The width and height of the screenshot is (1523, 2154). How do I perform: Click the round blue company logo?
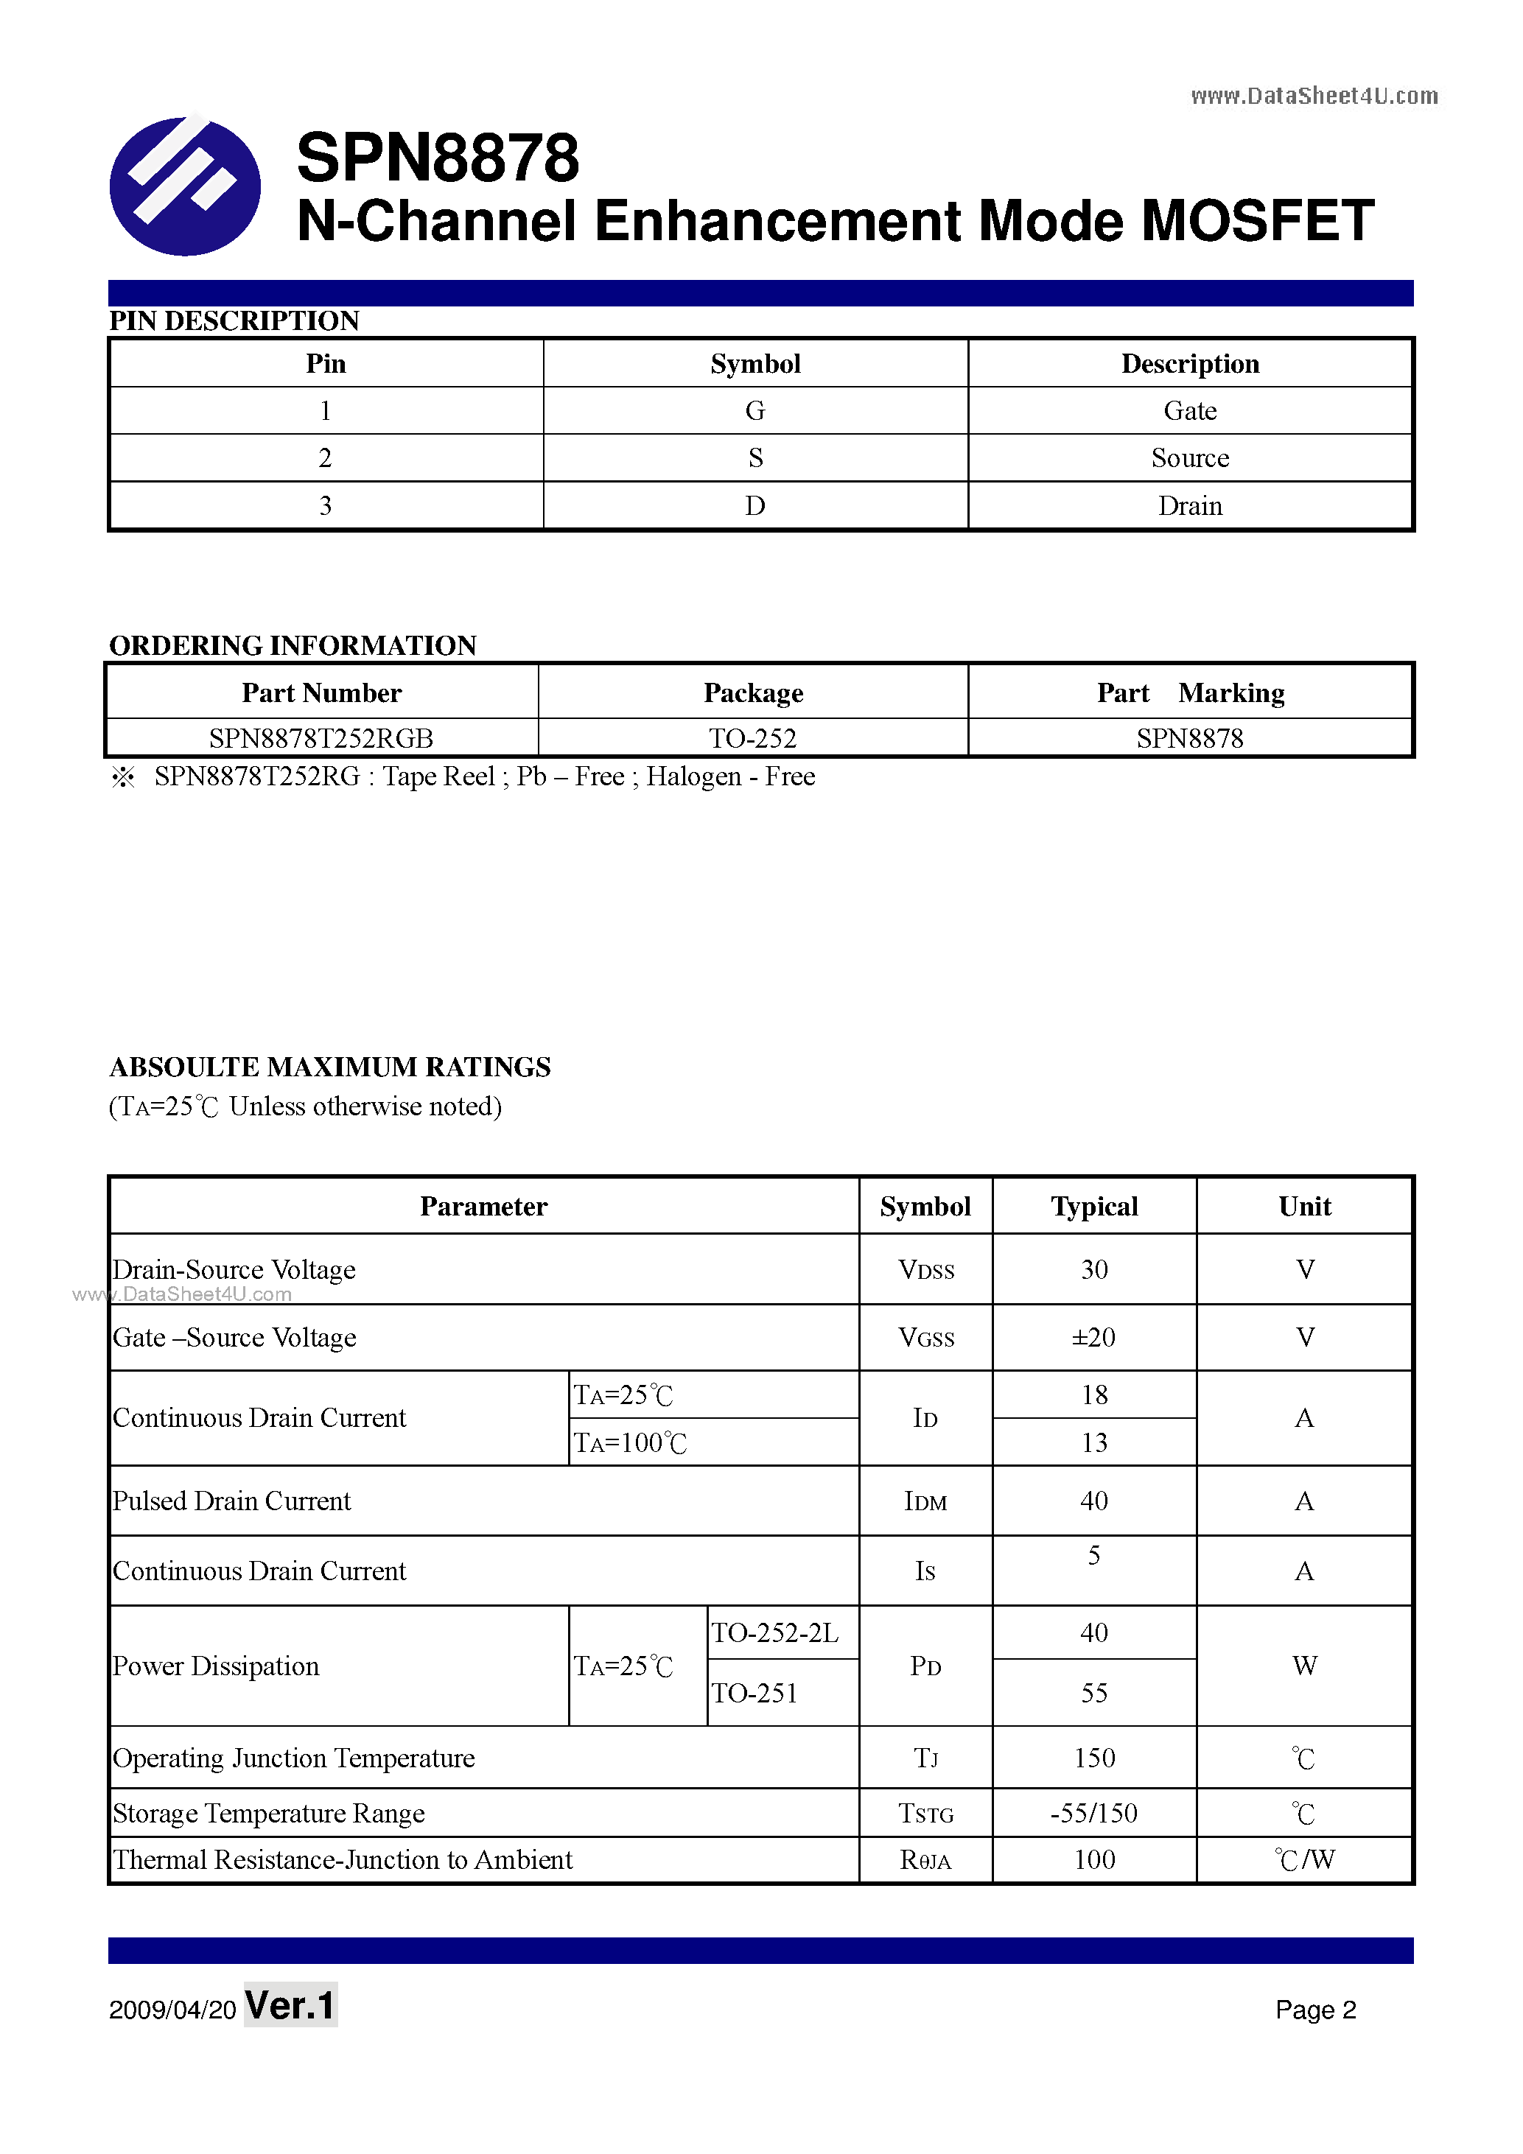pos(185,185)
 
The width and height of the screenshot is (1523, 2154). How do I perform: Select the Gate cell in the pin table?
pos(1189,411)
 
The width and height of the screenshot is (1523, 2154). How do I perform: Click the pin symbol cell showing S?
pos(755,457)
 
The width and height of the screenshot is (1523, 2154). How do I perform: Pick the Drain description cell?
pos(1189,505)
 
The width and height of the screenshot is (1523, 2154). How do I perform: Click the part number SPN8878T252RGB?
pos(321,738)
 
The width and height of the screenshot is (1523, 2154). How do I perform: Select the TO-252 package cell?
pos(752,738)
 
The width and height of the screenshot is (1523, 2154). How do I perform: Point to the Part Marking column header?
pos(1190,692)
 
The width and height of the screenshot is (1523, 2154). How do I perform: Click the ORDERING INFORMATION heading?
pos(293,645)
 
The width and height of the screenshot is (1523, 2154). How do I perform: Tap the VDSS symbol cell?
pos(925,1270)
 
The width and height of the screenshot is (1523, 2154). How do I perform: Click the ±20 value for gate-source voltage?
pos(1093,1338)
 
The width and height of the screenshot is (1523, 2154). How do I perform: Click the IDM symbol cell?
pos(925,1501)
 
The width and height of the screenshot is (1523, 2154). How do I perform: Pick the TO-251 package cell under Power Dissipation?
pos(755,1692)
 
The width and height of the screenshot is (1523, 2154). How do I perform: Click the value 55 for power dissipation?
pos(1094,1692)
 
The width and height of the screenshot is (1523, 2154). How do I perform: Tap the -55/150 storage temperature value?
pos(1093,1812)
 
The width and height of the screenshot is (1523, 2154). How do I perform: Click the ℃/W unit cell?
pos(1304,1859)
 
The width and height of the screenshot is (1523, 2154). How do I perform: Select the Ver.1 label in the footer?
pos(290,2006)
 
